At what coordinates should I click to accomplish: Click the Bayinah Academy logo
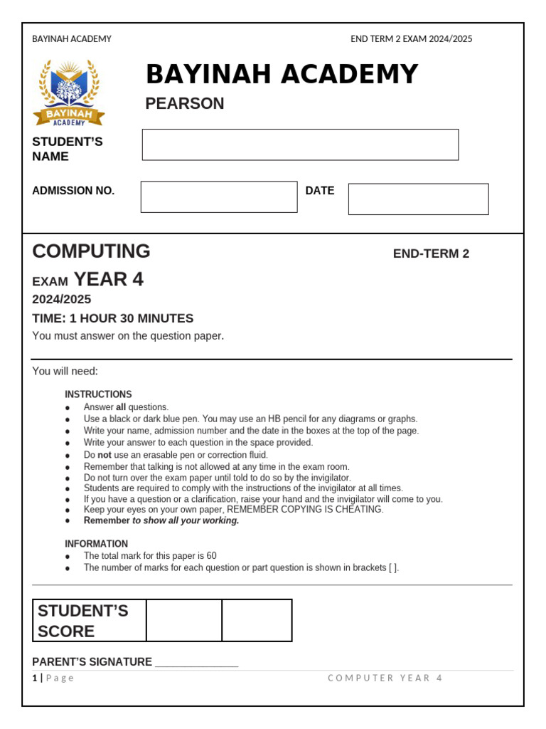pyautogui.click(x=68, y=93)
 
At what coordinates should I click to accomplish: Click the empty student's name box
pyautogui.click(x=300, y=145)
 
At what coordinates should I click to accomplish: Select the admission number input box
pyautogui.click(x=219, y=197)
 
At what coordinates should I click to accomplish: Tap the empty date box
pyautogui.click(x=418, y=199)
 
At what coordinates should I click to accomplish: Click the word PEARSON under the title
pyautogui.click(x=185, y=104)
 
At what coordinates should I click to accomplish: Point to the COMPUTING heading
pyautogui.click(x=91, y=251)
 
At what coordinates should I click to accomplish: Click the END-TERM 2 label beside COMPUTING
pyautogui.click(x=431, y=254)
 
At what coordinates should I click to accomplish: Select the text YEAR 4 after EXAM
pyautogui.click(x=109, y=280)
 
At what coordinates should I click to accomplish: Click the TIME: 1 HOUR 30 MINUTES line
pyautogui.click(x=113, y=318)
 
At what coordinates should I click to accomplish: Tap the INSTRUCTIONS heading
pyautogui.click(x=98, y=394)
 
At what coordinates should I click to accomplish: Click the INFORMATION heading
pyautogui.click(x=97, y=544)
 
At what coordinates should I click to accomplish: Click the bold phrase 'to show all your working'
pyautogui.click(x=186, y=520)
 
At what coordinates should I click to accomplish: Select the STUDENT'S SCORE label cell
pyautogui.click(x=90, y=621)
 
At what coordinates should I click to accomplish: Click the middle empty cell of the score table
pyautogui.click(x=184, y=621)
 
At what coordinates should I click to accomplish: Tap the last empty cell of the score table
pyautogui.click(x=257, y=621)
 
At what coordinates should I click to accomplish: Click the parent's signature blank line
pyautogui.click(x=196, y=664)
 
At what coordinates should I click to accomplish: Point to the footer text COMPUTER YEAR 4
pyautogui.click(x=385, y=678)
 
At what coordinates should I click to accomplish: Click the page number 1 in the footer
pyautogui.click(x=34, y=678)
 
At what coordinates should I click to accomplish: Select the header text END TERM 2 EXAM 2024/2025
pyautogui.click(x=411, y=39)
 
